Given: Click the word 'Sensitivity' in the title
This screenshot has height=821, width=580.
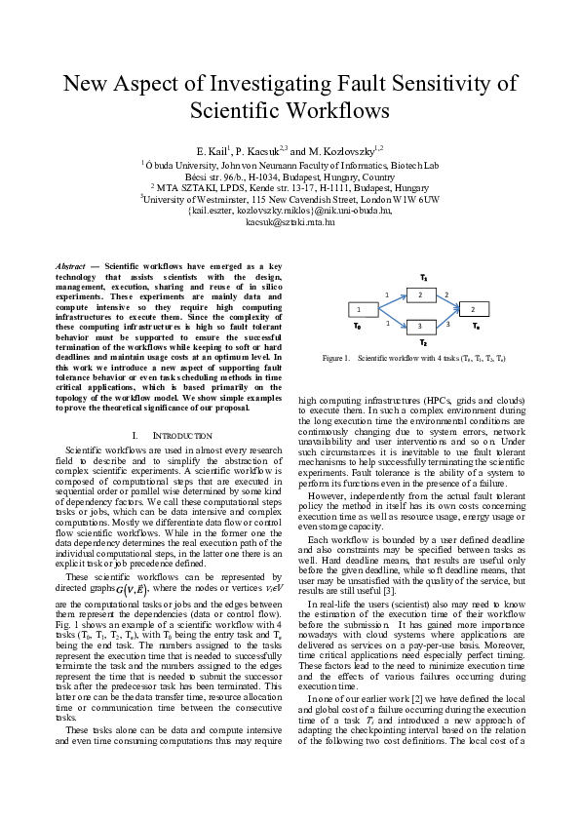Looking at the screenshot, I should click(447, 84).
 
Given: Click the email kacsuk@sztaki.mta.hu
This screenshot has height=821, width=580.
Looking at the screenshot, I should click(290, 222).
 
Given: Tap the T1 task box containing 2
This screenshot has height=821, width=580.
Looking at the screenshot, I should click(420, 293).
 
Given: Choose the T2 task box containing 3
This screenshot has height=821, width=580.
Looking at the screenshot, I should click(420, 325).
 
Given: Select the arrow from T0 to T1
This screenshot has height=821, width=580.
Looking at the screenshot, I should click(389, 301).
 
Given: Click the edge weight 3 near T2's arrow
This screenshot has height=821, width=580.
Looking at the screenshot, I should click(446, 321).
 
